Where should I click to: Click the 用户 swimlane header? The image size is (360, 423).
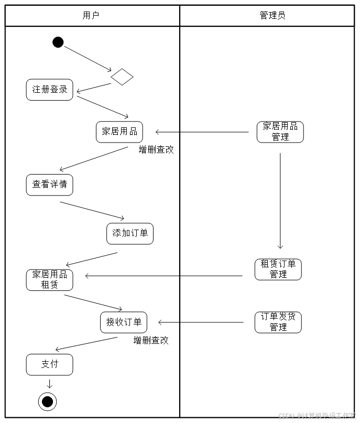click(x=91, y=15)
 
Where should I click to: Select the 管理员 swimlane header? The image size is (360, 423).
click(x=272, y=15)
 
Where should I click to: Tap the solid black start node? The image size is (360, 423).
click(x=58, y=42)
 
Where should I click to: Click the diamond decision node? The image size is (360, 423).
click(x=122, y=77)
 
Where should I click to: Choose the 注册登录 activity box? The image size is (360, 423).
click(x=50, y=90)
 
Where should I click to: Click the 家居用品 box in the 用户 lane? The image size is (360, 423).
click(x=119, y=132)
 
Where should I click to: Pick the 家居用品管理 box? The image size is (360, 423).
click(x=280, y=132)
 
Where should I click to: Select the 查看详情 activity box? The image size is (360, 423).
click(x=50, y=185)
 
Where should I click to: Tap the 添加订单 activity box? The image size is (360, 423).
click(x=130, y=233)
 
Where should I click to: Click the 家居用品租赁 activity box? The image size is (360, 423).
click(x=50, y=280)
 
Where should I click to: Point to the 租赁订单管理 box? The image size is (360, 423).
click(x=278, y=269)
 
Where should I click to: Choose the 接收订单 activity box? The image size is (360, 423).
click(x=124, y=322)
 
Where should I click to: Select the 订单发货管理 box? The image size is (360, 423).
click(x=278, y=322)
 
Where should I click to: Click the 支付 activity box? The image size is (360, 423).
click(x=50, y=364)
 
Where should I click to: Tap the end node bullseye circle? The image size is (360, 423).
click(x=48, y=402)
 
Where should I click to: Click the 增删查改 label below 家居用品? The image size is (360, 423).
click(x=156, y=150)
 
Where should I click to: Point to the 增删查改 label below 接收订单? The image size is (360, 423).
click(x=151, y=340)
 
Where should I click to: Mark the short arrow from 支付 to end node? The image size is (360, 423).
click(x=50, y=383)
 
